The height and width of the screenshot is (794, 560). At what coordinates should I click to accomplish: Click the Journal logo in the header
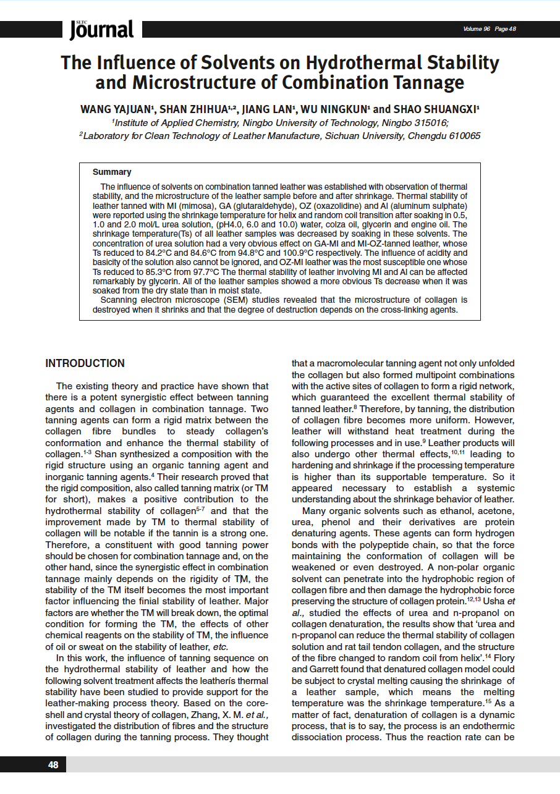pos(101,29)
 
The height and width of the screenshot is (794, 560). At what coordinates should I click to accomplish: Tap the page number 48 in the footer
pos(53,765)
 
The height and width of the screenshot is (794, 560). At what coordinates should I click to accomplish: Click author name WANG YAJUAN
pos(117,109)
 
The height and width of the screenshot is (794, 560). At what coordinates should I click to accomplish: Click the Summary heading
pos(112,172)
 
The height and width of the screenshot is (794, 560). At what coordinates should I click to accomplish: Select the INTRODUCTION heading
pos(85,363)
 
